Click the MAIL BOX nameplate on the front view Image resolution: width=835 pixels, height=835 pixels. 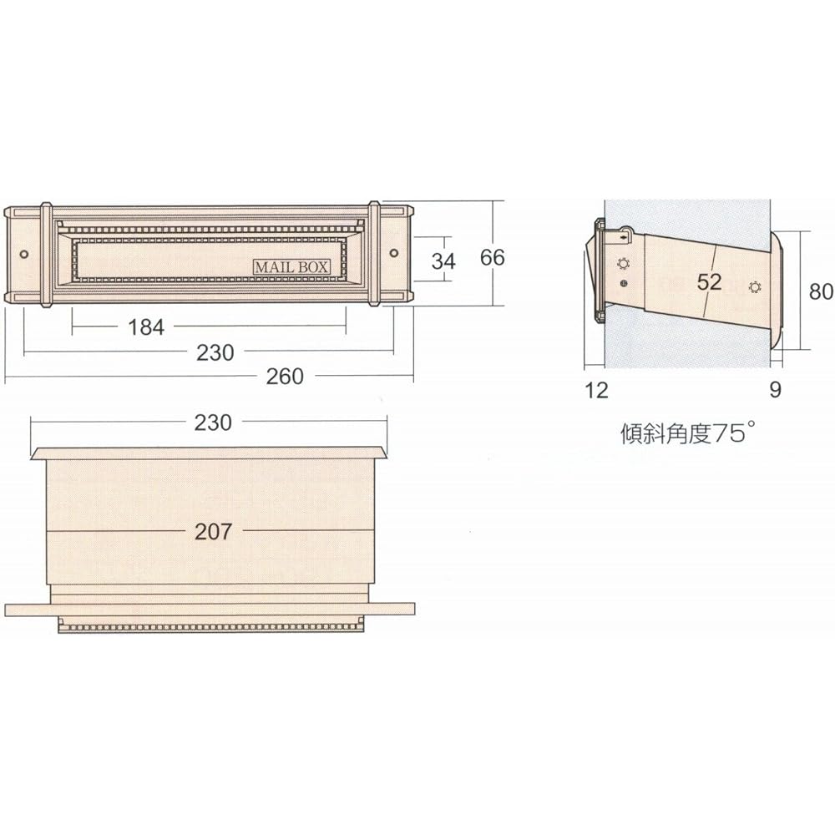click(x=291, y=266)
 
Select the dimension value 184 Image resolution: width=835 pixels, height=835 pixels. click(x=146, y=327)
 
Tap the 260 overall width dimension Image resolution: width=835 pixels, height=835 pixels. click(x=285, y=377)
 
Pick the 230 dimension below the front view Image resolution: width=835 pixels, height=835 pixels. click(x=215, y=352)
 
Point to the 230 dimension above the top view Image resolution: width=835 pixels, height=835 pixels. click(x=212, y=423)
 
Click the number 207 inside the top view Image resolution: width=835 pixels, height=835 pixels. click(x=212, y=531)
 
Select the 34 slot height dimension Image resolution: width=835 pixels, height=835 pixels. click(x=443, y=261)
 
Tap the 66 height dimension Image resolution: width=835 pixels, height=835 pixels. click(x=493, y=257)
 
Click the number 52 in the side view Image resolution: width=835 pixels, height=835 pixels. click(x=708, y=281)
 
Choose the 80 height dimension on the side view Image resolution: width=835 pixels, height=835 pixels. click(x=821, y=291)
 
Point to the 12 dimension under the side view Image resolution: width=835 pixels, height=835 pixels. click(x=597, y=390)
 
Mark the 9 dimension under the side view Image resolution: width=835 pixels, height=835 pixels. click(x=775, y=390)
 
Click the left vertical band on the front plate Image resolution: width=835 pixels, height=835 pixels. click(x=46, y=254)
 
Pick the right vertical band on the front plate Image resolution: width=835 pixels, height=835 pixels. click(x=374, y=254)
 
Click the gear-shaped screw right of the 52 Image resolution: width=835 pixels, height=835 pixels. click(x=755, y=287)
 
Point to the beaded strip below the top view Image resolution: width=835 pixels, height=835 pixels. click(x=212, y=626)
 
